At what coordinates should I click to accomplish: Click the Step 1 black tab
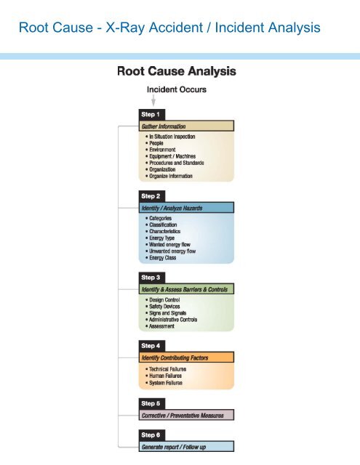click(153, 114)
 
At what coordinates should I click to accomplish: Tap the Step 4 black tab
click(153, 345)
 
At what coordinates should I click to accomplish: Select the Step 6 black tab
click(153, 434)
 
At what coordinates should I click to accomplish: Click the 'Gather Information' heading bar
click(187, 126)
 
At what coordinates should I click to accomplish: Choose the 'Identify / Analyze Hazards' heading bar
click(187, 208)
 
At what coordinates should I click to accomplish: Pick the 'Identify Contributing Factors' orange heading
click(187, 357)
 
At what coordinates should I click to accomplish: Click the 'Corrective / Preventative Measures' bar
click(187, 415)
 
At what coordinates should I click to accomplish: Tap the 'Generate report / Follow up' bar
click(187, 446)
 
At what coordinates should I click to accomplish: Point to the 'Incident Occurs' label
click(176, 89)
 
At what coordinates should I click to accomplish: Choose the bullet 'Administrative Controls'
click(178, 319)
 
